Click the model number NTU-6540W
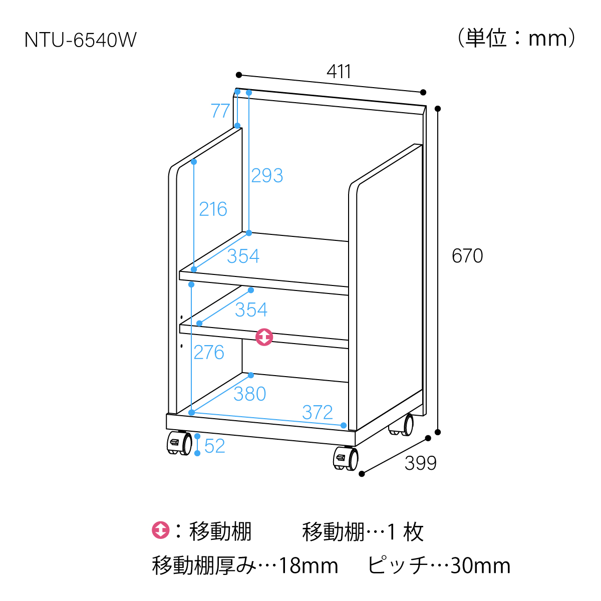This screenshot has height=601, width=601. [81, 40]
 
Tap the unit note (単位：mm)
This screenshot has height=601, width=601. [516, 38]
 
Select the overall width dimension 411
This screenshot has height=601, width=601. [339, 72]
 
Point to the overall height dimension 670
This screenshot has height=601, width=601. [467, 256]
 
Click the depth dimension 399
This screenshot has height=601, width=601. [420, 463]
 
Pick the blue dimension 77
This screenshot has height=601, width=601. [220, 110]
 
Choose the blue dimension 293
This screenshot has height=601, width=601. [267, 175]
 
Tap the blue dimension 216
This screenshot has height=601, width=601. [213, 209]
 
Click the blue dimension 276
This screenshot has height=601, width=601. [209, 353]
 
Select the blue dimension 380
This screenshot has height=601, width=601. [249, 394]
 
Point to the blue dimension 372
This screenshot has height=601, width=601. [318, 412]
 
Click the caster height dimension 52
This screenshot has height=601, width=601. [214, 446]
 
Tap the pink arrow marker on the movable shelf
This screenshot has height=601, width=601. [264, 337]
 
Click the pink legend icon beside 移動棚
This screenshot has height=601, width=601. [161, 530]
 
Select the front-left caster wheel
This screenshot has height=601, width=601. [179, 443]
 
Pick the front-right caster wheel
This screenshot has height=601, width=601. [346, 458]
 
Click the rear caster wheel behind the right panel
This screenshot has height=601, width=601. [401, 425]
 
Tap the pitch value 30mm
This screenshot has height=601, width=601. [480, 566]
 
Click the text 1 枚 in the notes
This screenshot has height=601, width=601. [405, 531]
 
